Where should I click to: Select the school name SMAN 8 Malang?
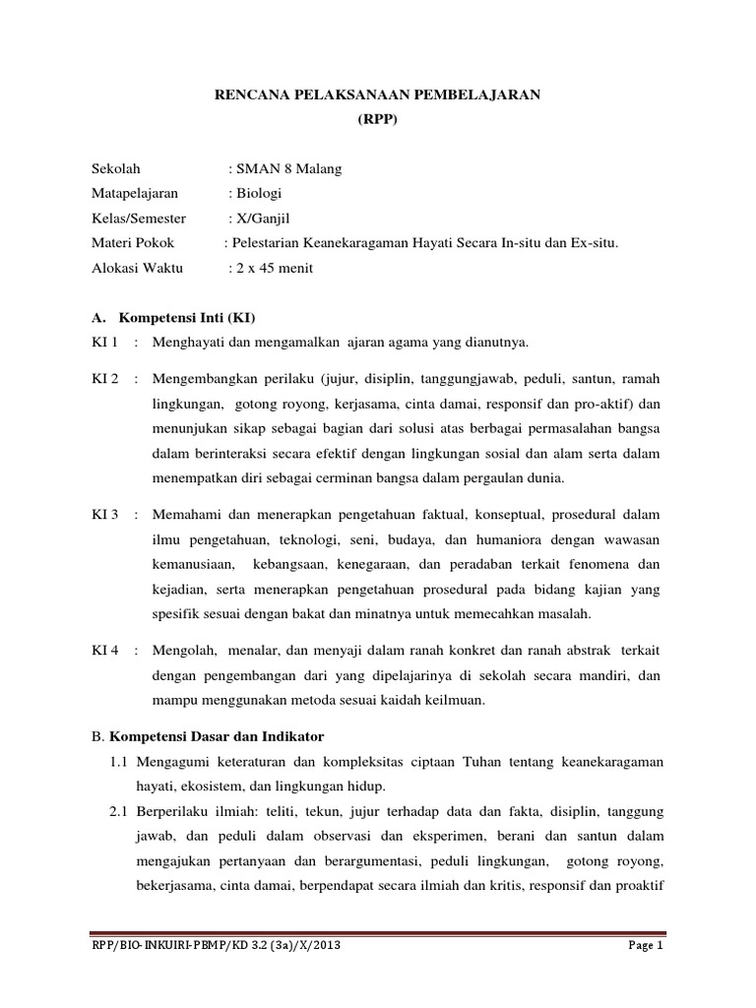(285, 169)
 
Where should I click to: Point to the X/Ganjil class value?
(260, 219)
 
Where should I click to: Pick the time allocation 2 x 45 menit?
(271, 269)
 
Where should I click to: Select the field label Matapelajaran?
(135, 194)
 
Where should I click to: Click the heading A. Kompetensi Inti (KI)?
(173, 319)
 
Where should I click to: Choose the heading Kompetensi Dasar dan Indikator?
(222, 736)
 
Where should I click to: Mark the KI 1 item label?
(104, 343)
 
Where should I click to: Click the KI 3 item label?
(104, 515)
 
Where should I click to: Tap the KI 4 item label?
(104, 652)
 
